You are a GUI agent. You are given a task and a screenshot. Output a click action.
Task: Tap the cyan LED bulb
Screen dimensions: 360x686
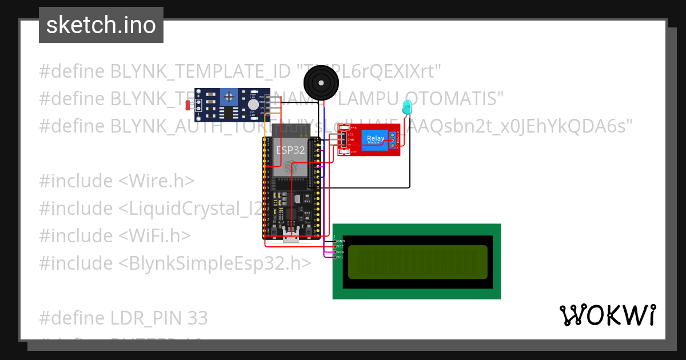[x=407, y=106]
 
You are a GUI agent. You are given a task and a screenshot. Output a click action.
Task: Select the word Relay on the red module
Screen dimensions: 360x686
[x=376, y=138]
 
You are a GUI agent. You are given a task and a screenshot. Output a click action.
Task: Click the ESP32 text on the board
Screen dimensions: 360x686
[x=290, y=150]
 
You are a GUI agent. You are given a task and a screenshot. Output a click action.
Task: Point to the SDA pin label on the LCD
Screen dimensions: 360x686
[x=340, y=252]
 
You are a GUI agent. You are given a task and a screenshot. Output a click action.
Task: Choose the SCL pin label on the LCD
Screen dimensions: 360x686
[x=340, y=257]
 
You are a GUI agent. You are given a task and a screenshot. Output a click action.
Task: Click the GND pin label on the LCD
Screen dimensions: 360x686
[x=340, y=241]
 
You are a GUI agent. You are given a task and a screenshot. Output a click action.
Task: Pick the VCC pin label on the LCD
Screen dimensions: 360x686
[x=340, y=246]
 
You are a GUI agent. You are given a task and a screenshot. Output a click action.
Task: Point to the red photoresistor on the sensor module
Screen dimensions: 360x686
[x=189, y=105]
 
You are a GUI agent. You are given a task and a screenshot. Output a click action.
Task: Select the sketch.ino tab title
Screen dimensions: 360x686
[x=101, y=25]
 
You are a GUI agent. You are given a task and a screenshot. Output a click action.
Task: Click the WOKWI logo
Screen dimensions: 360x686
[x=607, y=315]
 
